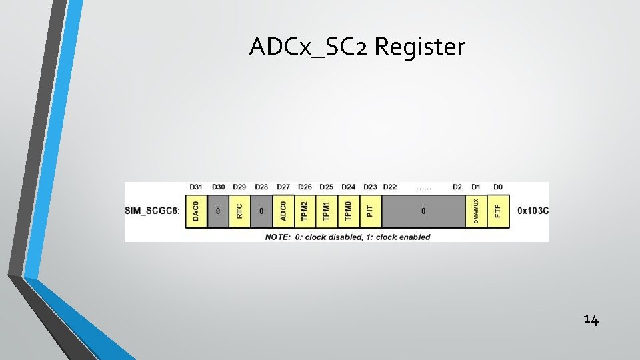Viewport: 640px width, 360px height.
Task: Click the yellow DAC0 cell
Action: (x=196, y=211)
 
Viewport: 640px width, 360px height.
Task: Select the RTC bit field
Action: (x=240, y=211)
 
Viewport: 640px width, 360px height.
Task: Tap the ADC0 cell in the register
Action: (x=283, y=211)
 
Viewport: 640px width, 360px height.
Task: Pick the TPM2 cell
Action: (x=305, y=211)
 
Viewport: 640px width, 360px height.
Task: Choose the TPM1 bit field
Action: (x=327, y=211)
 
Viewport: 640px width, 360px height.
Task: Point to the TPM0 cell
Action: (x=349, y=211)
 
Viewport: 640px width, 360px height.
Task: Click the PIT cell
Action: (x=371, y=211)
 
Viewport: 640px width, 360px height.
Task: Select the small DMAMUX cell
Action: (x=476, y=211)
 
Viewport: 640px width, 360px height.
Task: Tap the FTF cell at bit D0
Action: (x=498, y=211)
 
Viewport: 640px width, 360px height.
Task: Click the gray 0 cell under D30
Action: (x=218, y=211)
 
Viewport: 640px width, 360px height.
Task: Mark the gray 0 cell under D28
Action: (x=261, y=211)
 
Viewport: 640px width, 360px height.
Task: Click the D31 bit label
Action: (x=196, y=187)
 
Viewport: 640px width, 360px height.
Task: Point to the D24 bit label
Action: (x=349, y=187)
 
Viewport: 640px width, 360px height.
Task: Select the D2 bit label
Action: (x=457, y=187)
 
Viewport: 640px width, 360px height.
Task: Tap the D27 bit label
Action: (x=283, y=187)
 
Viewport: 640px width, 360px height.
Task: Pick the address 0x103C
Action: (x=533, y=211)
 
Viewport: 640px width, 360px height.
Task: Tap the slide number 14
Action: (x=591, y=321)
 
